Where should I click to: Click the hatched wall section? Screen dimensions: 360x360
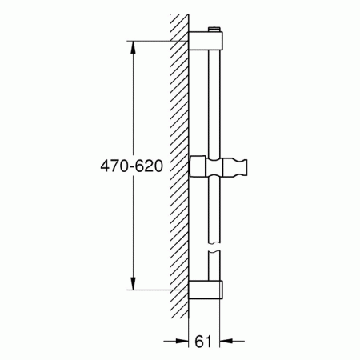point(178,160)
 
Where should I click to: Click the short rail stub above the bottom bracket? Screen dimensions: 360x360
point(214,264)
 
